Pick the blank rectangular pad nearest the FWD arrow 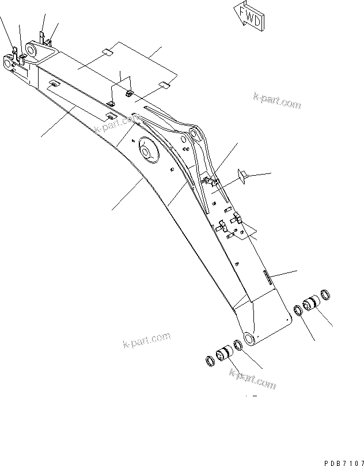click(x=164, y=85)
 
